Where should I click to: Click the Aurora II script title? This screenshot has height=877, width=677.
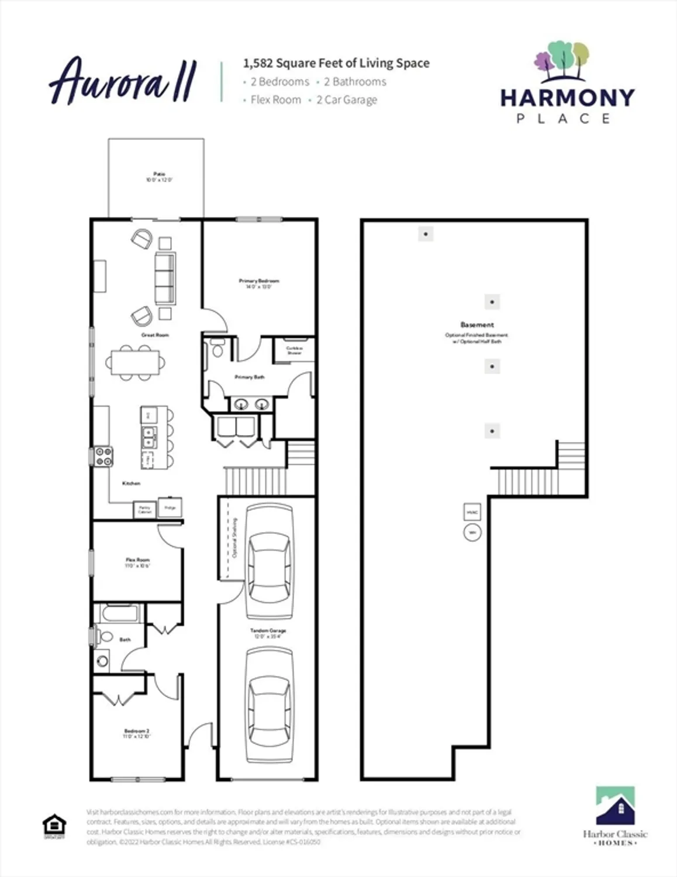coord(123,81)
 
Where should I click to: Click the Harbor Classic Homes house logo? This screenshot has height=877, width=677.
coord(615,806)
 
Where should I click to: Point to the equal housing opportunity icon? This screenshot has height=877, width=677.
coord(54,826)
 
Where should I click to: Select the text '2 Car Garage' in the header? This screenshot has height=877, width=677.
coord(347,100)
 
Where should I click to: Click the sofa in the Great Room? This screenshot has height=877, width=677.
coord(165,279)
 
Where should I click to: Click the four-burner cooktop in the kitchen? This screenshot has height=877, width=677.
coord(104,456)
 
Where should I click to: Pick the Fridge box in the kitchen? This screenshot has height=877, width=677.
coord(170,507)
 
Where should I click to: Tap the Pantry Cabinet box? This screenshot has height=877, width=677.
coord(144,509)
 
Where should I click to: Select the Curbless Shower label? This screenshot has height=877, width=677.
coord(294,350)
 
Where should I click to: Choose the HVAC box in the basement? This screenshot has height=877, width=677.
coord(472,512)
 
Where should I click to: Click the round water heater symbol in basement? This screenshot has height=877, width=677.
coord(472,533)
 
